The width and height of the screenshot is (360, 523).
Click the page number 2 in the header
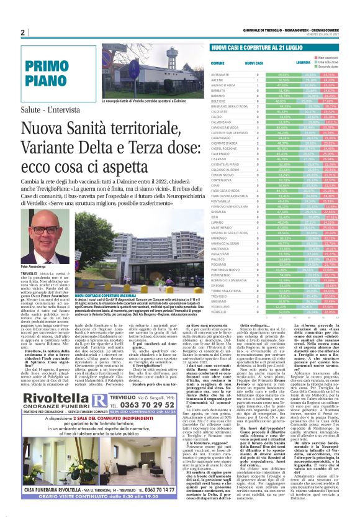click(x=22, y=32)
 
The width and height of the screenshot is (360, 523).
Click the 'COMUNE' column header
click(x=217, y=63)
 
